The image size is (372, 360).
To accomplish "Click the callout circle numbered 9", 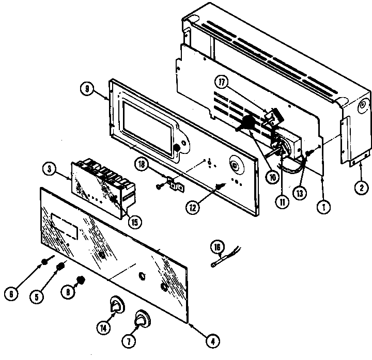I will tap(87, 88).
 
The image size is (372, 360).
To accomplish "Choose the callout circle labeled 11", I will tap(283, 202).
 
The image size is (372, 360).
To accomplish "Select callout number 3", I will tap(47, 169).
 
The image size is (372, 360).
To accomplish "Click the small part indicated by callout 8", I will tap(81, 283).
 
